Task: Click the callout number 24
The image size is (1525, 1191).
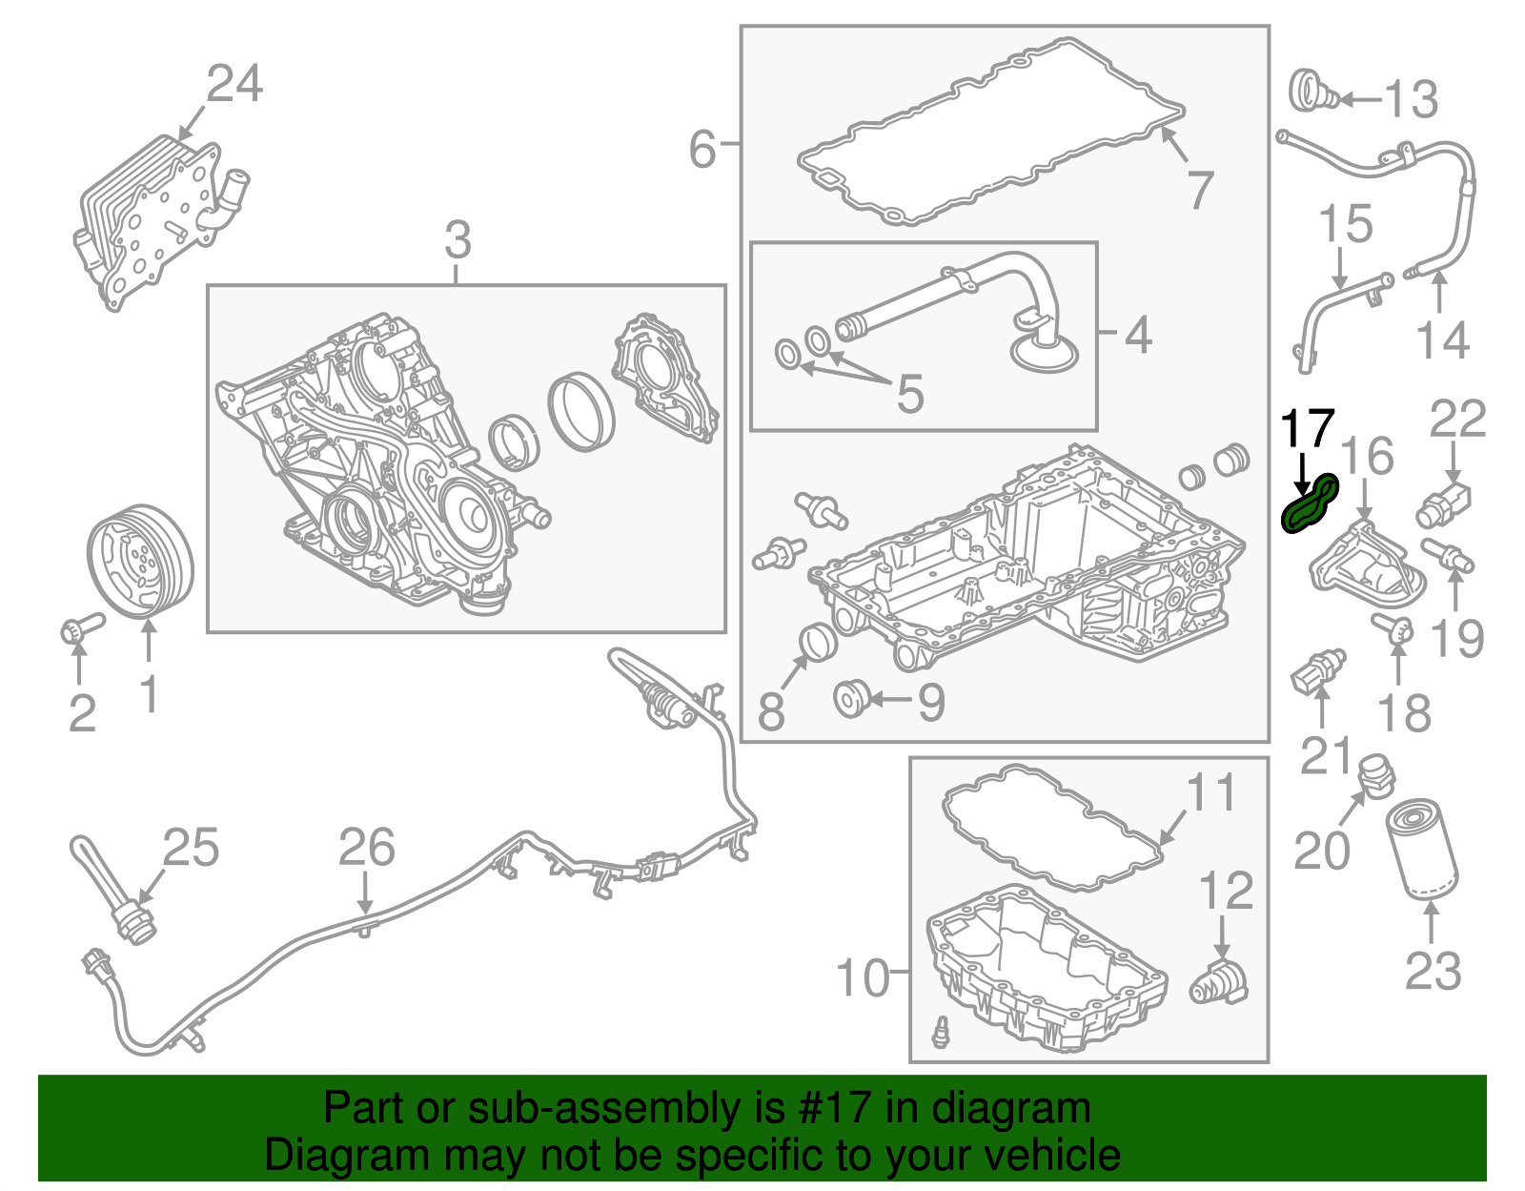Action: click(234, 84)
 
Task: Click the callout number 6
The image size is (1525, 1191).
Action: click(702, 150)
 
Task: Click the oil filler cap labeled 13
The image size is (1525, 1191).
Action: click(1312, 93)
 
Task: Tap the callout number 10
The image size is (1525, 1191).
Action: click(862, 978)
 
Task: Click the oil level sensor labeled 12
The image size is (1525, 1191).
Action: click(1220, 982)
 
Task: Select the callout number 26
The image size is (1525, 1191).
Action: click(367, 848)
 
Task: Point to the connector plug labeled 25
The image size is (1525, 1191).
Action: click(132, 923)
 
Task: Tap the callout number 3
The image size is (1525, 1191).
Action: click(457, 240)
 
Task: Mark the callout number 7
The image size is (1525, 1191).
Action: click(1200, 189)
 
